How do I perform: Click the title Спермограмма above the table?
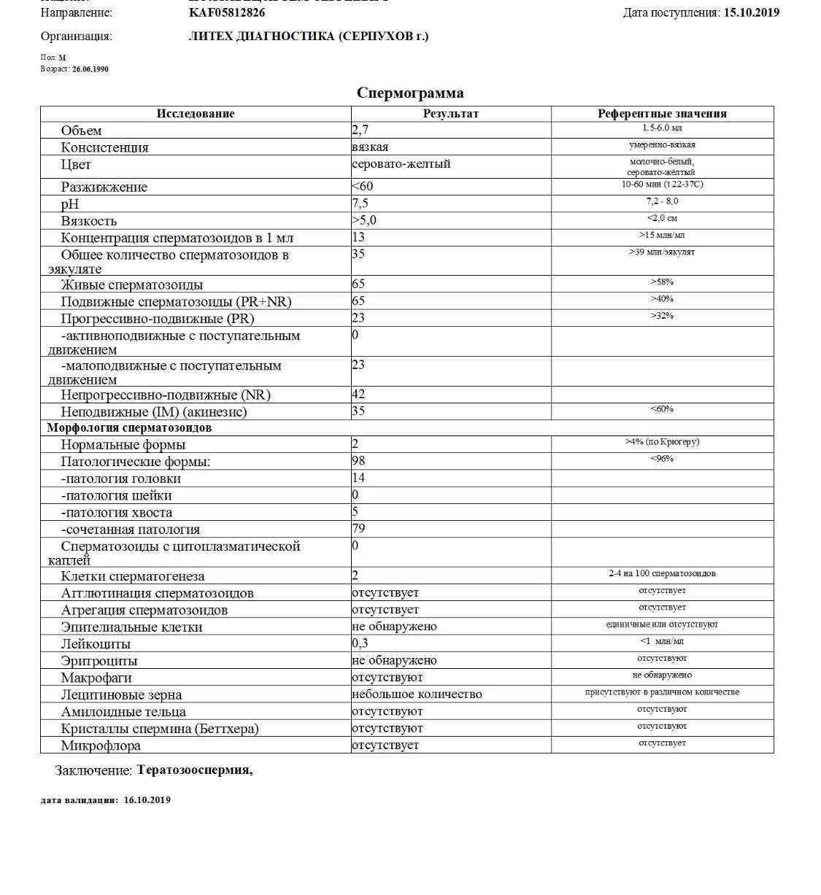tap(409, 93)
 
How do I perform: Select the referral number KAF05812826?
tap(227, 12)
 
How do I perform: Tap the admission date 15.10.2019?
tap(751, 12)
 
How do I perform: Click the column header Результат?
tap(450, 113)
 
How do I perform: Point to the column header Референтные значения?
tap(662, 113)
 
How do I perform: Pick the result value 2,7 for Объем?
tap(361, 130)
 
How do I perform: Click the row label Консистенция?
tap(104, 147)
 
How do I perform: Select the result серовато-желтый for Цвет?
tap(401, 163)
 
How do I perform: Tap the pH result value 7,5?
tap(361, 203)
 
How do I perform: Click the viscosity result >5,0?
tap(364, 220)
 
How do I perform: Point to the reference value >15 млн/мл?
tap(662, 235)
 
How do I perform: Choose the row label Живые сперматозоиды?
tap(132, 284)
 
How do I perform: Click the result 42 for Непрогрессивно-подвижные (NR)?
tap(358, 394)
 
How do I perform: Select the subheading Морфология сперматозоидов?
tap(129, 427)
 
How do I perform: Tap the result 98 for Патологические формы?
tap(358, 460)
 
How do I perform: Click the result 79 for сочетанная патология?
tap(358, 527)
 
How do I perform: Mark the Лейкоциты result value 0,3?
tap(361, 643)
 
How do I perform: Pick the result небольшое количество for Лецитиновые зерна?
tap(417, 694)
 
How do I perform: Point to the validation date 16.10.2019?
tap(147, 799)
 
